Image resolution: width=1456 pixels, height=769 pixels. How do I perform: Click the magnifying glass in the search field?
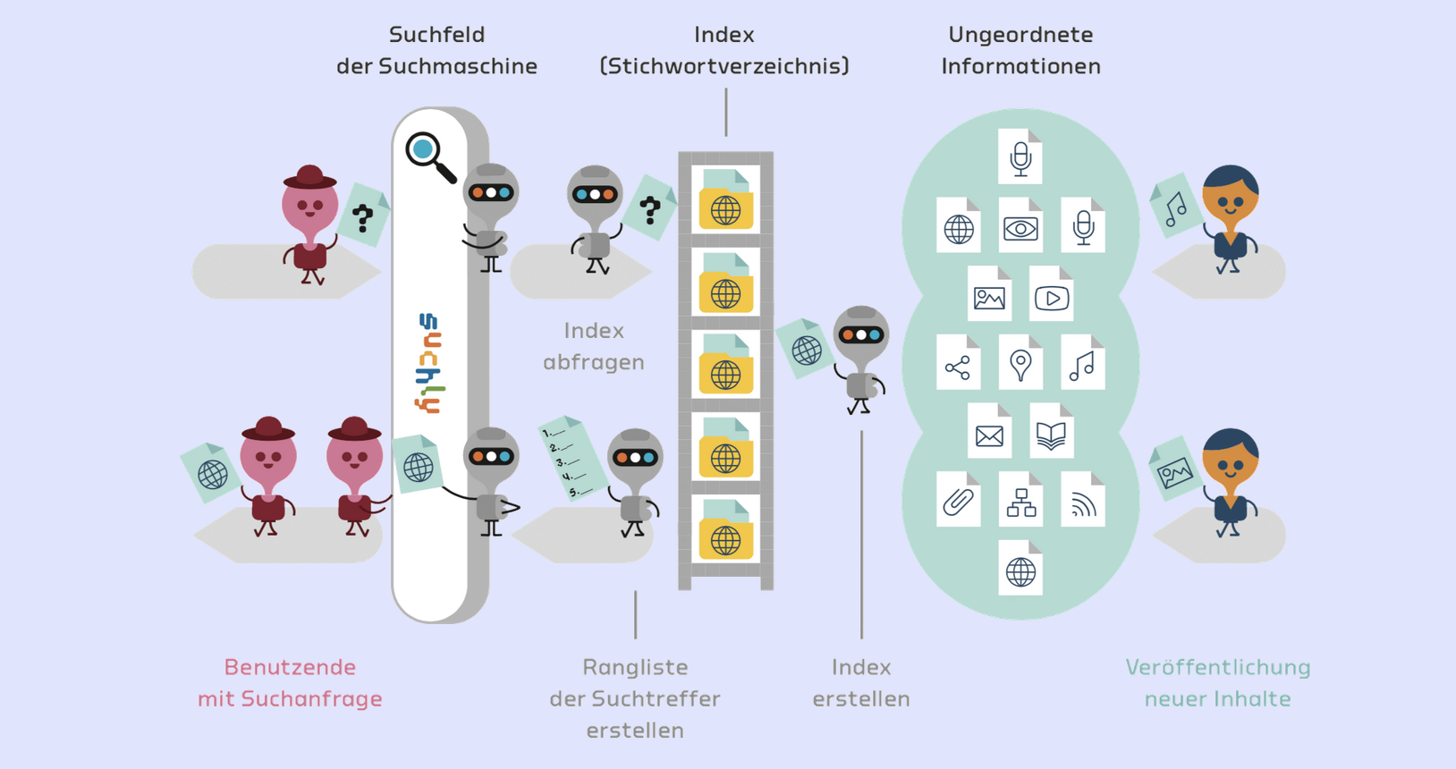429,156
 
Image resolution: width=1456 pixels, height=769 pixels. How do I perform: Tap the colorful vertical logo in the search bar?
429,363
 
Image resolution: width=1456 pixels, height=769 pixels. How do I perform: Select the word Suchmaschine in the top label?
458,66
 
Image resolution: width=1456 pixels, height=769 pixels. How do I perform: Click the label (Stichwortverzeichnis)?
724,66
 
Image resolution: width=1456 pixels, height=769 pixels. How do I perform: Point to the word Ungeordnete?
1020,35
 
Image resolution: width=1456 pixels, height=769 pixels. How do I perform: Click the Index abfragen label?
594,346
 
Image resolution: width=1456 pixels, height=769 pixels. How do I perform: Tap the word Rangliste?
635,668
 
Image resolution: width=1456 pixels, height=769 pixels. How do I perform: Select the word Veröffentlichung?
1217,668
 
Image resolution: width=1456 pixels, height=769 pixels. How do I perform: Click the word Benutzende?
290,668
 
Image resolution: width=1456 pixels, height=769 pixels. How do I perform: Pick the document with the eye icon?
1020,225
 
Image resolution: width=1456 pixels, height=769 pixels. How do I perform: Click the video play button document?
1051,293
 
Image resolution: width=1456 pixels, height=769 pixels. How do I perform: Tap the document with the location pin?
1020,362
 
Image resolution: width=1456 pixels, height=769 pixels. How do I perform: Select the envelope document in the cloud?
989,430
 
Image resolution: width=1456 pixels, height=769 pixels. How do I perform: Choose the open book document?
1051,430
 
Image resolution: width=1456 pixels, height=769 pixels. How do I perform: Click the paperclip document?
958,499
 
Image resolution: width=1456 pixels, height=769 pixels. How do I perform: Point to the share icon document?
958,362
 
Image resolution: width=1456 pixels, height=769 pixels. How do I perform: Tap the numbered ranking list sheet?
572,459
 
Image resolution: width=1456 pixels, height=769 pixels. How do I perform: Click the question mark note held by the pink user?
363,215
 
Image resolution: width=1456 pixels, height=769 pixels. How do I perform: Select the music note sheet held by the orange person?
1175,206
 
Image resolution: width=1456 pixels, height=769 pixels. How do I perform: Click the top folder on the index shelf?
725,199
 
